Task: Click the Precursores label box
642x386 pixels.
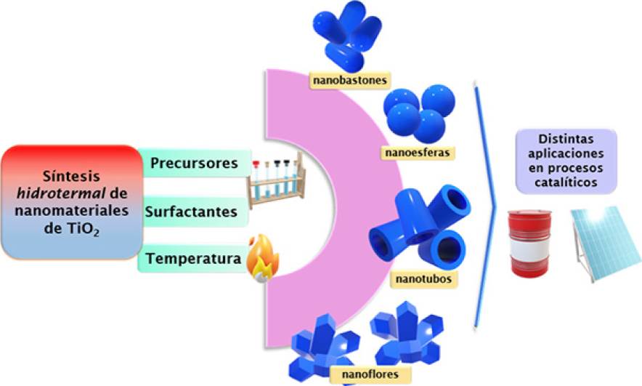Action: [194, 164]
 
